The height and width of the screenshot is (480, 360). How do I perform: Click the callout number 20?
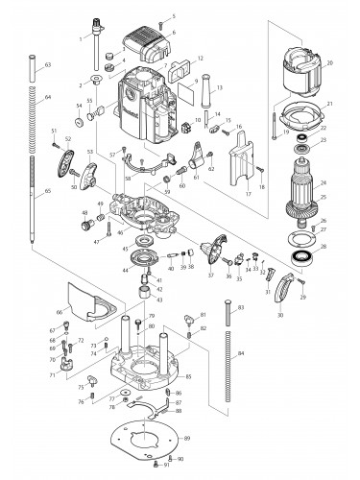(329, 63)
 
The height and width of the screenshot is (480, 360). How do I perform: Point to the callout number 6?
(173, 32)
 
